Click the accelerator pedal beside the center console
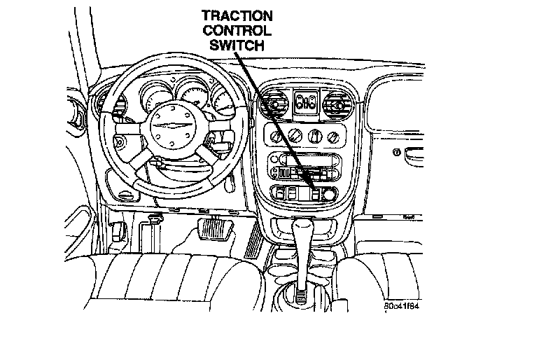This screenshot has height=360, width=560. point(253,242)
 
